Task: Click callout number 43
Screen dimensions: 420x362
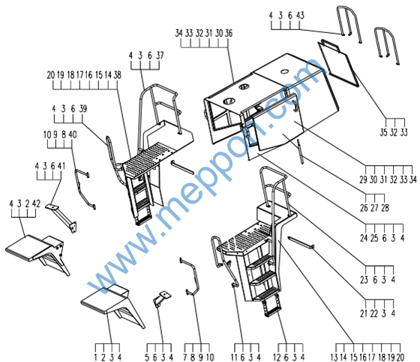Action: coord(300,16)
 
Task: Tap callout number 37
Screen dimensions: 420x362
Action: coord(160,56)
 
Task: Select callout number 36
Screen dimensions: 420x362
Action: coord(229,33)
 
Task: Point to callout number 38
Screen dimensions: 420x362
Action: coord(117,75)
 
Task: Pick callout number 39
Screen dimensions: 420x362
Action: coord(83,109)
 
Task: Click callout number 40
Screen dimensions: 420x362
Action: coord(72,134)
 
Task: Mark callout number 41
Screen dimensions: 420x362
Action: coord(61,166)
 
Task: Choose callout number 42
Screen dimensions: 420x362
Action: coord(36,204)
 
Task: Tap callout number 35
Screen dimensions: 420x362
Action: coord(383,132)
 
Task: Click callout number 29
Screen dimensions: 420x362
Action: coord(363,179)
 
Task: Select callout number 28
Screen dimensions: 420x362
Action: coord(385,208)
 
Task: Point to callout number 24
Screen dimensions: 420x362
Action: coord(364,238)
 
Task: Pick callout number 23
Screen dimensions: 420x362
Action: coord(364,279)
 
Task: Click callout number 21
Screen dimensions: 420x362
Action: coord(364,313)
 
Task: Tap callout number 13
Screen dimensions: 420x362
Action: coord(334,357)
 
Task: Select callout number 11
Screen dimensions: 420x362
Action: coord(234,357)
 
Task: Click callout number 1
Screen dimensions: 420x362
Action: coord(95,357)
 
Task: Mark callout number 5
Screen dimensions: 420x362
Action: coord(147,357)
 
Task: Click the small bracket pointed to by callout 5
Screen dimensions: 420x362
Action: coord(162,298)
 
